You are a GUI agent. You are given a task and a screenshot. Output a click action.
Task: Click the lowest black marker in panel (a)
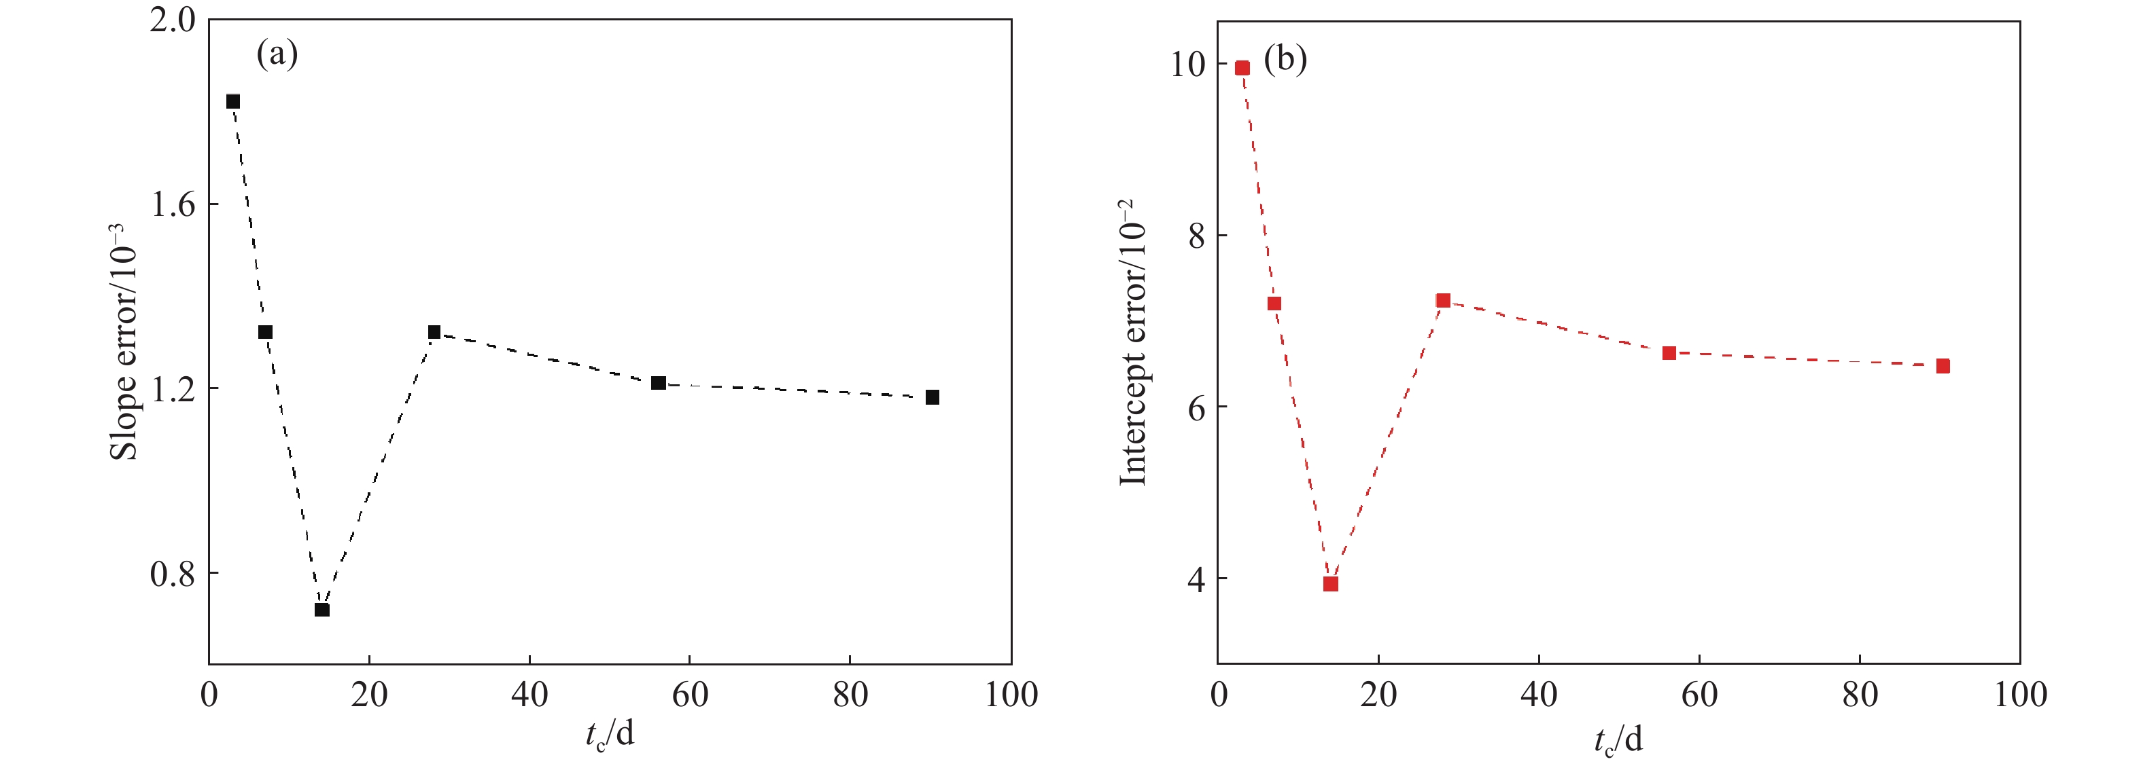coord(322,610)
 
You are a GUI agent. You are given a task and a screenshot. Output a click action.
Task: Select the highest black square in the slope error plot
coord(232,101)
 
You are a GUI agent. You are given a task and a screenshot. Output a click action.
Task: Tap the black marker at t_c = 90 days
coord(933,397)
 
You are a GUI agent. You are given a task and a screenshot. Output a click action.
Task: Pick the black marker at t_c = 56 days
coord(658,383)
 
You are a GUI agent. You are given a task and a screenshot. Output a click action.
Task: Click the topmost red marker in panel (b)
coord(1242,68)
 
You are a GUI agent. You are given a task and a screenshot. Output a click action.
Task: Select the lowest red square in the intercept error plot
coord(1331,584)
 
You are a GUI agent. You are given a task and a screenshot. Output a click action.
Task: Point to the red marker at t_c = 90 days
coord(1943,366)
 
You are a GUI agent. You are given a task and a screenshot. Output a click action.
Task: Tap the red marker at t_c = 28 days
coord(1443,301)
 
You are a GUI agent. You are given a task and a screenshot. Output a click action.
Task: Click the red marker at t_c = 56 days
coord(1669,353)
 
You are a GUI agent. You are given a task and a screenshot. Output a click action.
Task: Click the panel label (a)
coord(277,55)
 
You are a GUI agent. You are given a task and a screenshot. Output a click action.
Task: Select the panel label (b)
coord(1285,60)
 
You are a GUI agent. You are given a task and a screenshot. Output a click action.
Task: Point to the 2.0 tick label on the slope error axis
coord(172,20)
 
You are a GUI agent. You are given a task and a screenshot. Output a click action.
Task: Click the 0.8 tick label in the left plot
coord(172,574)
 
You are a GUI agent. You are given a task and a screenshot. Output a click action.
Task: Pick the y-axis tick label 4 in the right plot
coord(1196,579)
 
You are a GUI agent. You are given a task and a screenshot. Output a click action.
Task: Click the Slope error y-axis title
coord(123,342)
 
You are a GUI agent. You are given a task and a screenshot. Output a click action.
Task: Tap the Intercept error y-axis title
coord(1132,342)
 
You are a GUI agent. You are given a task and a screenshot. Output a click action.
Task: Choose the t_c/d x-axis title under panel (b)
coord(1618,739)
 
